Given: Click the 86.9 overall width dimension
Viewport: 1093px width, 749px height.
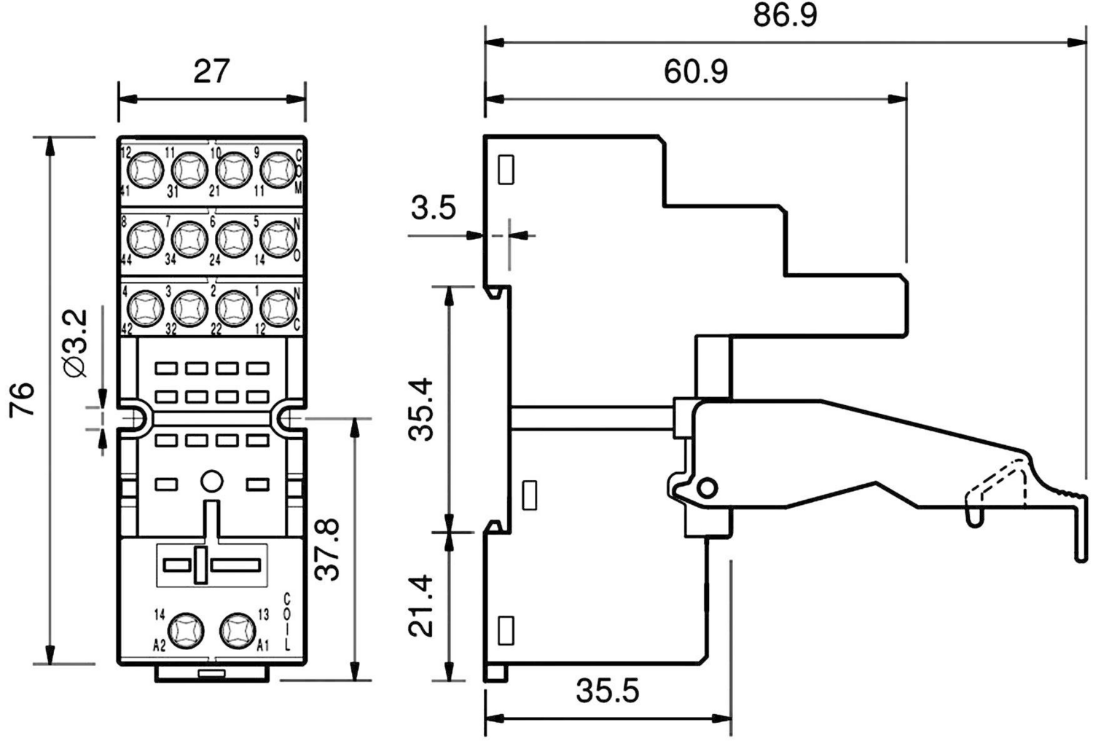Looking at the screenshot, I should click(x=785, y=15).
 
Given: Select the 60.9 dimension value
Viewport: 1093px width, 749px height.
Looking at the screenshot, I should click(x=695, y=71).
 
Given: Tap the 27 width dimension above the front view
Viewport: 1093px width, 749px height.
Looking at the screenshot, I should click(x=211, y=71).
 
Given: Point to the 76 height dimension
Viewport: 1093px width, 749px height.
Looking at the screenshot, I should click(x=23, y=399).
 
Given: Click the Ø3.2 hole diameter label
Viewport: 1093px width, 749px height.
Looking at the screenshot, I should click(x=76, y=342).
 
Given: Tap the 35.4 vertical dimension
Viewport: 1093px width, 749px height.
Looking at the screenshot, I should click(x=423, y=409).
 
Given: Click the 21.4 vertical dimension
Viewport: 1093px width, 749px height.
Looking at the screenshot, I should click(x=423, y=606).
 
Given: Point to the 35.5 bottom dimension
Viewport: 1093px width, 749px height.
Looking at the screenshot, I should click(x=607, y=691).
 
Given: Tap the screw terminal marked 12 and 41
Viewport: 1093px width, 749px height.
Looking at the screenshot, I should click(x=144, y=172).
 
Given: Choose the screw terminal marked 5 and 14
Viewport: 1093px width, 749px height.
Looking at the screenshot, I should click(x=278, y=238).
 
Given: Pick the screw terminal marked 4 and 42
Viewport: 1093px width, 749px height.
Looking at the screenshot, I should click(x=144, y=308).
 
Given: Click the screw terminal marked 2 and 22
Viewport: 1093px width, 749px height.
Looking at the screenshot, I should click(x=233, y=308).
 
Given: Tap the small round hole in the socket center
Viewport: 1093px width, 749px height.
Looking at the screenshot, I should click(x=211, y=482).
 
